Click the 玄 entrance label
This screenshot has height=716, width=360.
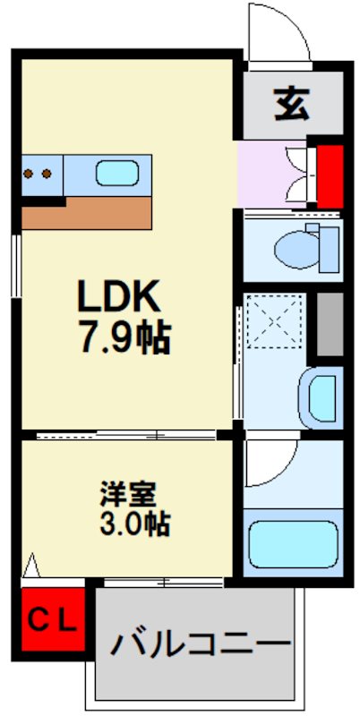click(x=291, y=104)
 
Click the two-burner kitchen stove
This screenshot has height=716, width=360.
click(x=39, y=173)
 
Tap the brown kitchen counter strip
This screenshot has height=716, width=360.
click(x=87, y=213)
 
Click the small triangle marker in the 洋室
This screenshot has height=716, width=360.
click(x=33, y=566)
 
